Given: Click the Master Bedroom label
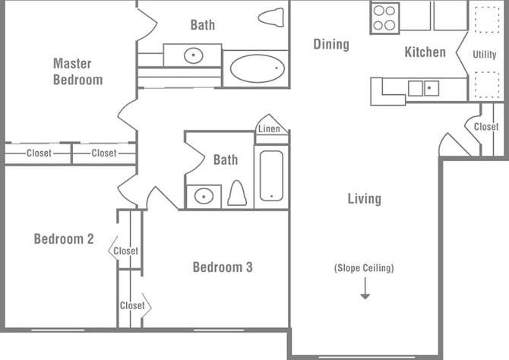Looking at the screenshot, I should tap(77, 71).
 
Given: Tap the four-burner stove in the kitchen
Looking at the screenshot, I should tap(385, 17).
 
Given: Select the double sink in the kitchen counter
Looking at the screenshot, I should tap(423, 88).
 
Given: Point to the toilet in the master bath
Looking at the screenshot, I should tap(270, 16).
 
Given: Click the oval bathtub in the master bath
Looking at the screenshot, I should tap(258, 69).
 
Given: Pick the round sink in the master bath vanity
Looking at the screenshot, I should tap(194, 55).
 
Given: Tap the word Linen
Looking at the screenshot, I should tap(269, 129).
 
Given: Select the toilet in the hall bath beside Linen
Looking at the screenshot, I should tap(236, 194).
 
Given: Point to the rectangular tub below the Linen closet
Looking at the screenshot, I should tap(271, 175).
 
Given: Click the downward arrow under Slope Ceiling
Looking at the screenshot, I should tap(365, 289).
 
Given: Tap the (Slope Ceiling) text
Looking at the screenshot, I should tap(364, 268).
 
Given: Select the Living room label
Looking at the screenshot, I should tap(364, 199).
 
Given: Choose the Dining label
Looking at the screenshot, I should tap(331, 44).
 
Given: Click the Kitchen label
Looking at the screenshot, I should tap(425, 52).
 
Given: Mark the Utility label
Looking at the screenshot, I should tap(484, 55).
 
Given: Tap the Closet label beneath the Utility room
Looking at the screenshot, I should tap(486, 127).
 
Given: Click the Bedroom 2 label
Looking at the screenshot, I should tap(64, 239).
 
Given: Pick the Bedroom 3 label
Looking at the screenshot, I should tap(222, 267).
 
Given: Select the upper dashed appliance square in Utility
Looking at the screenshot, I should tap(484, 23).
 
